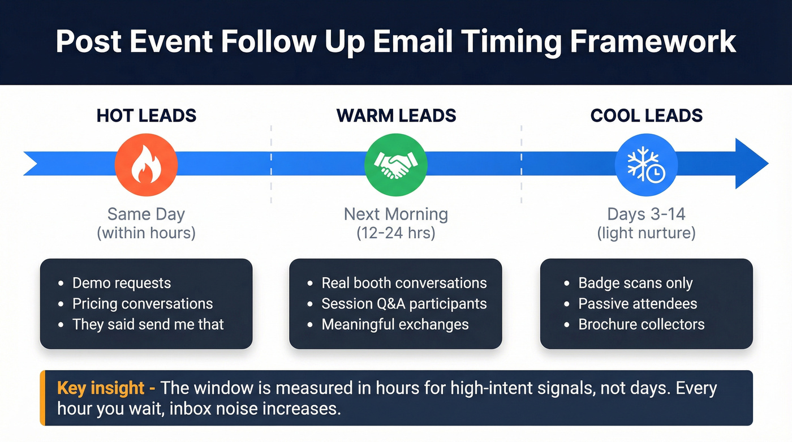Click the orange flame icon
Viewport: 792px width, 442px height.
pyautogui.click(x=146, y=165)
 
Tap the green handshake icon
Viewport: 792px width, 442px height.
pyautogui.click(x=395, y=165)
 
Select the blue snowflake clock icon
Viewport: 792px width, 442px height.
pyautogui.click(x=645, y=165)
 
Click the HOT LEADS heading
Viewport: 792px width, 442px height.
pyautogui.click(x=146, y=115)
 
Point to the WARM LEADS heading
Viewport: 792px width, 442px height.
pyautogui.click(x=396, y=115)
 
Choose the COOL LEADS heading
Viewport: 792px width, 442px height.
pyautogui.click(x=646, y=115)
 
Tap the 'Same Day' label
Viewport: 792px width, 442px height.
pyautogui.click(x=146, y=214)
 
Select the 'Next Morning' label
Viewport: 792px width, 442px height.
pyautogui.click(x=396, y=214)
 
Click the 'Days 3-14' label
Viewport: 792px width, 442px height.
pyautogui.click(x=646, y=214)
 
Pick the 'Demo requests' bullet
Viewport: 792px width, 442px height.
pyautogui.click(x=121, y=283)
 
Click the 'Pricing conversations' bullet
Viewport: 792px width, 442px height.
pyautogui.click(x=142, y=304)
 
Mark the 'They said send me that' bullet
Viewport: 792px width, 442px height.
pyautogui.click(x=148, y=325)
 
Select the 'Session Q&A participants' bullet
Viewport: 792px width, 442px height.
pyautogui.click(x=403, y=304)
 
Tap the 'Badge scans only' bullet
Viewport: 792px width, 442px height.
pyautogui.click(x=635, y=283)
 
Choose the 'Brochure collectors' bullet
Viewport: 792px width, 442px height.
pyautogui.click(x=641, y=325)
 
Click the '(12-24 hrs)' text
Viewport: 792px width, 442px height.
pyautogui.click(x=396, y=233)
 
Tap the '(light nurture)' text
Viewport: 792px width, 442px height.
pyautogui.click(x=646, y=233)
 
